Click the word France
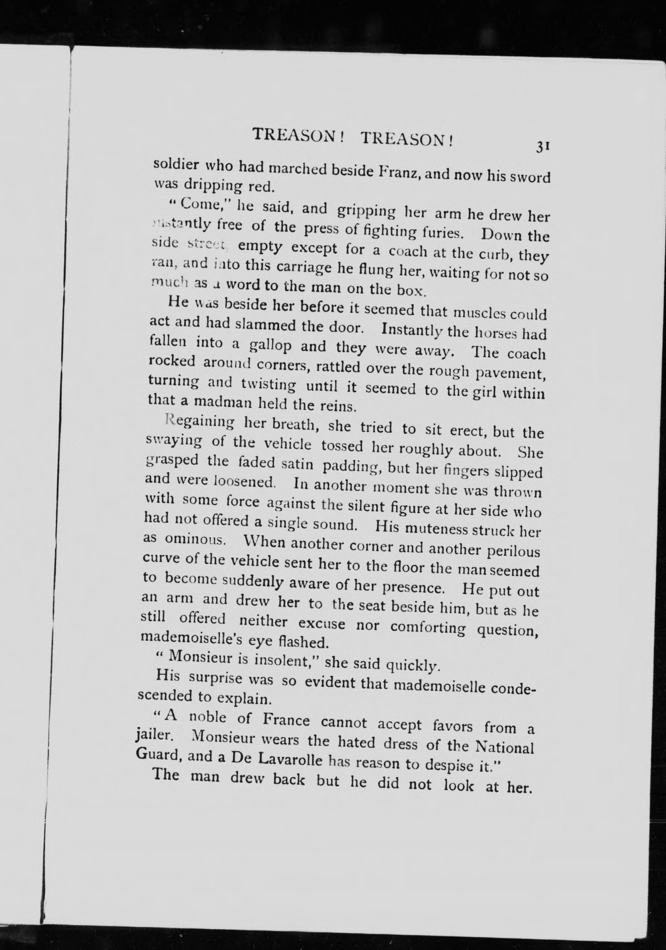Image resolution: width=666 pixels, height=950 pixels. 286,720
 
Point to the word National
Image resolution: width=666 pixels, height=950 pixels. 504,748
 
